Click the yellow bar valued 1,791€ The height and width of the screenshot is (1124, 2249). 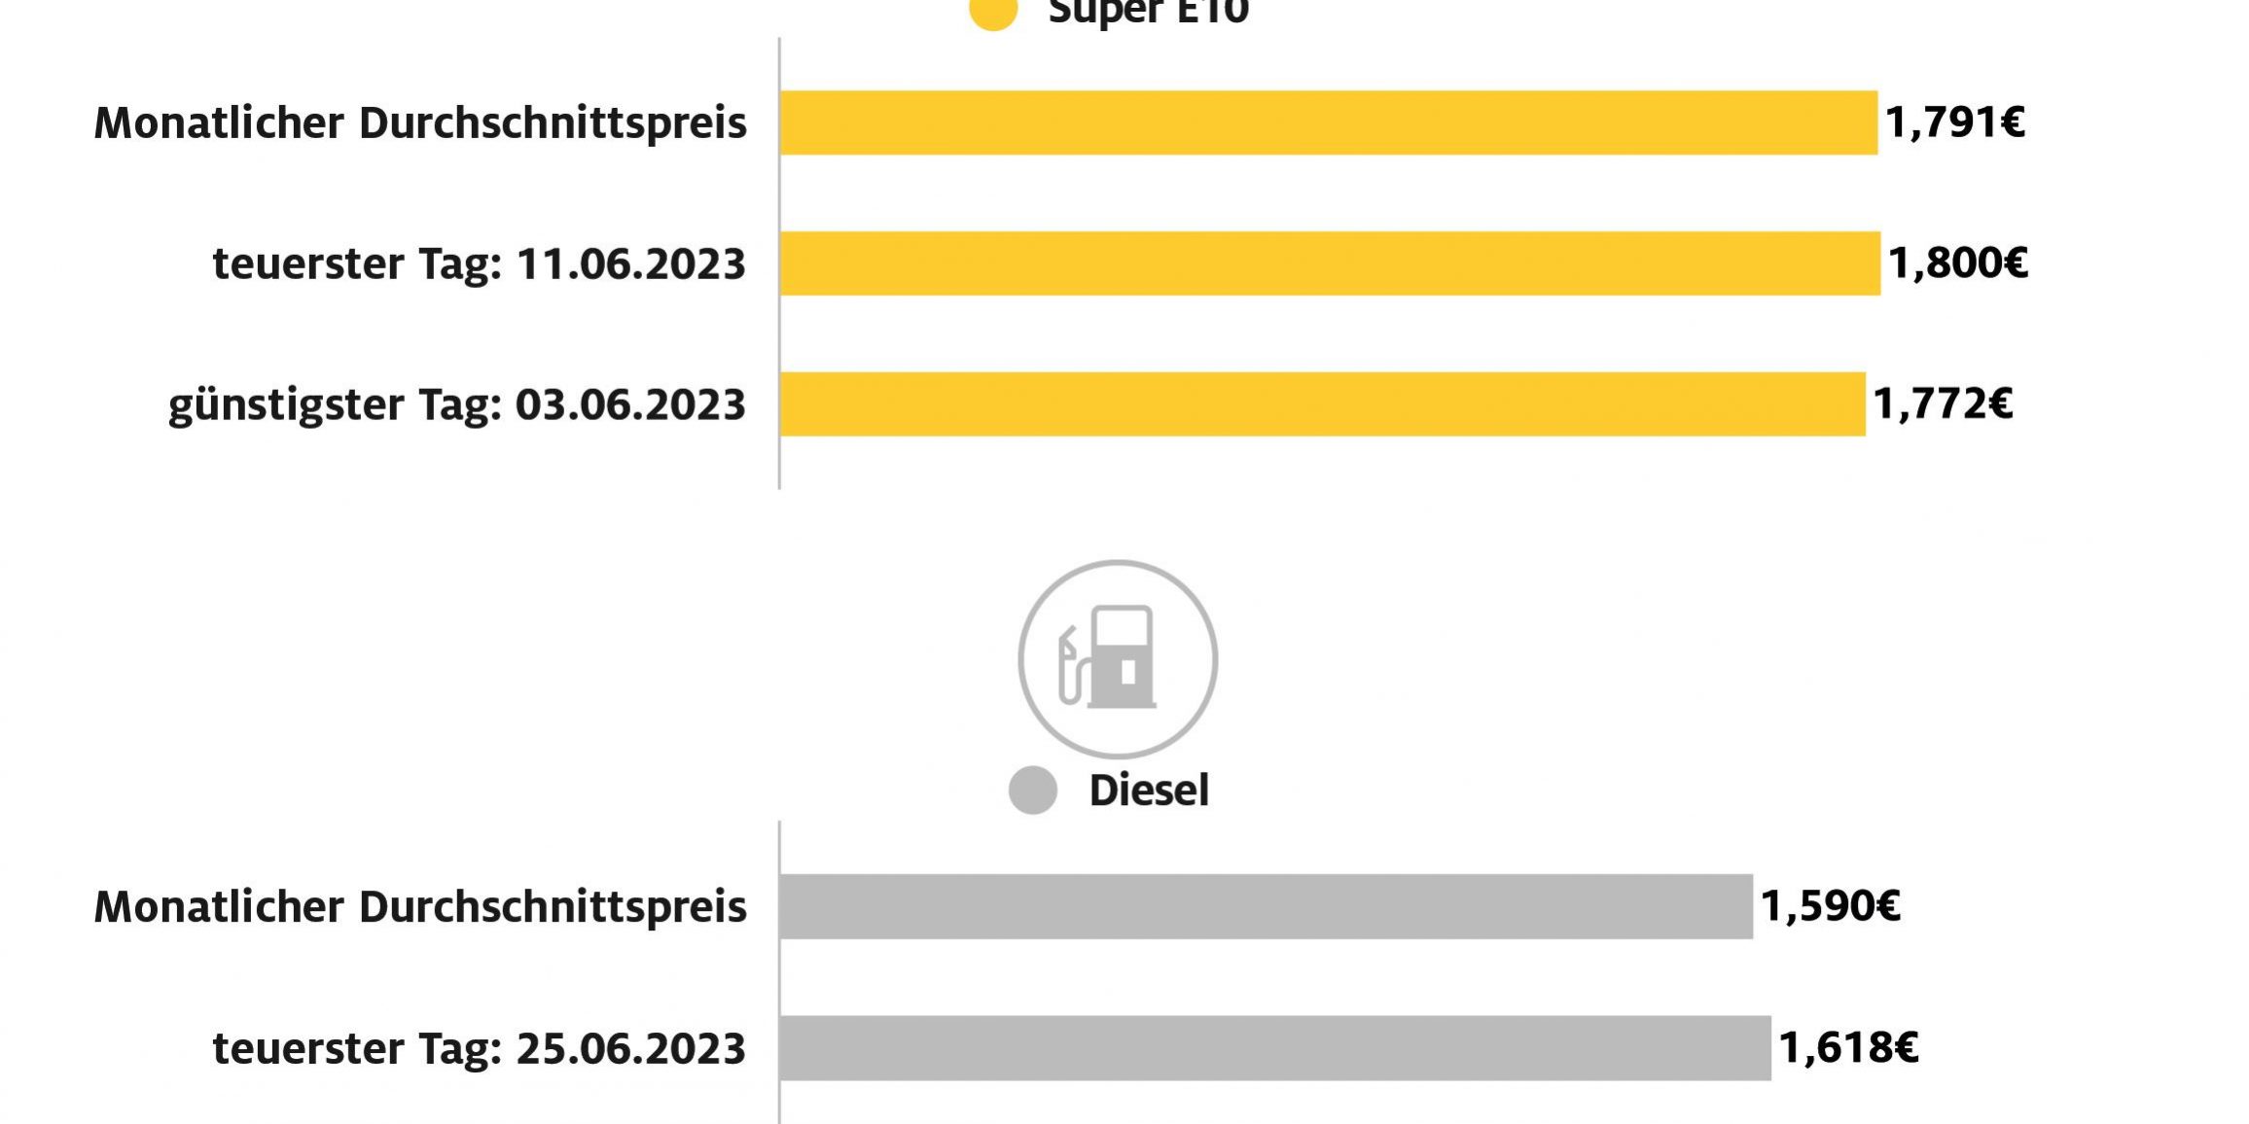[x=1328, y=123]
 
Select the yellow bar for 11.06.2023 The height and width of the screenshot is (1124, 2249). [x=1330, y=263]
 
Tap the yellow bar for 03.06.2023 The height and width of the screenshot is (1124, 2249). [x=1323, y=404]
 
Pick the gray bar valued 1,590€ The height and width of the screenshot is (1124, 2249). [x=1266, y=906]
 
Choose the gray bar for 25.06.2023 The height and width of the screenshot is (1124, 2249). [x=1275, y=1048]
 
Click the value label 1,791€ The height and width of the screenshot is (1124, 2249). [x=1955, y=123]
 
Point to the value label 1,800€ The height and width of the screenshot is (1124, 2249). [x=1958, y=263]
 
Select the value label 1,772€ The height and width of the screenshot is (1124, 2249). [x=1943, y=404]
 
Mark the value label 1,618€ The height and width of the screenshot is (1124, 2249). [x=1848, y=1048]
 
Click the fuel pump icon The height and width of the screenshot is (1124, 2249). [x=1117, y=659]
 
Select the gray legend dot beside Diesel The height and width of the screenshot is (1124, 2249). [x=1033, y=790]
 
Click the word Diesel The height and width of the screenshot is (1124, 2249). [x=1149, y=790]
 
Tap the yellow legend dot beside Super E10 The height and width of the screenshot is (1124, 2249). [x=993, y=12]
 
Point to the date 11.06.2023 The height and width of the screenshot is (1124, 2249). [x=630, y=264]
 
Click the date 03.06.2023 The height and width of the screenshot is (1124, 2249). [x=629, y=404]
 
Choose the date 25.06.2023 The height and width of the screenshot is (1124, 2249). [x=630, y=1049]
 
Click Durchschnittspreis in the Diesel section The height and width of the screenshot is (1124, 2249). [x=553, y=907]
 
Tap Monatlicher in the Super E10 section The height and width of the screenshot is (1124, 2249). [x=219, y=123]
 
